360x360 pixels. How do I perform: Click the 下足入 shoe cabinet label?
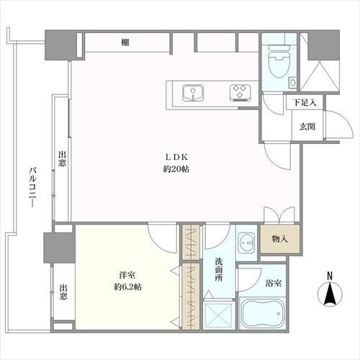(302, 103)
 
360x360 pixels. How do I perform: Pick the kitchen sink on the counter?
(193, 91)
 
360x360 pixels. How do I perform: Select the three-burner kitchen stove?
(238, 91)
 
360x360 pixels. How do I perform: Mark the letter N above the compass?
(330, 275)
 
